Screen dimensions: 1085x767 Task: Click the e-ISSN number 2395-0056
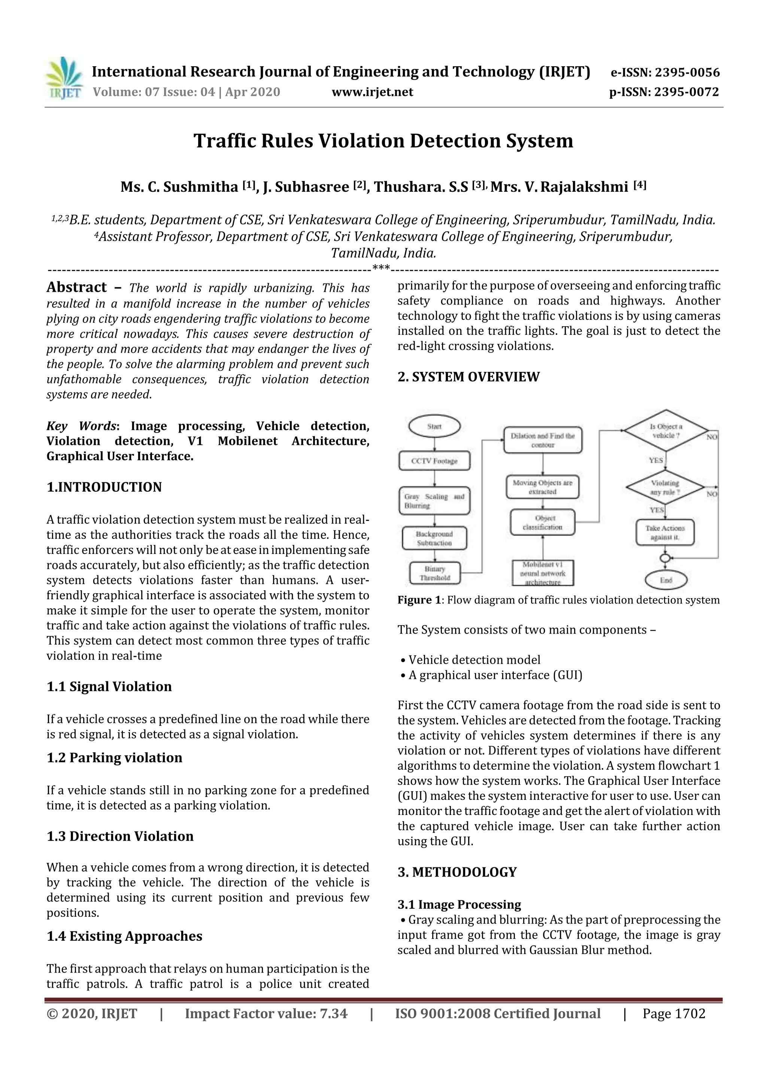click(686, 72)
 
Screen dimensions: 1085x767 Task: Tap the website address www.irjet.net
click(372, 92)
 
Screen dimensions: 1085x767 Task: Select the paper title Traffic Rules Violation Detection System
click(383, 141)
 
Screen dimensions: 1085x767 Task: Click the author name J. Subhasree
click(306, 187)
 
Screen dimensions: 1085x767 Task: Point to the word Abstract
click(76, 287)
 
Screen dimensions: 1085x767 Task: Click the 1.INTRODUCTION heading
click(104, 487)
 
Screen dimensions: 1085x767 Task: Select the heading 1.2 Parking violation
click(114, 758)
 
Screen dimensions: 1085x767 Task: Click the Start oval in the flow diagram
click(434, 426)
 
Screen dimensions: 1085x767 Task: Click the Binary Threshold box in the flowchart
click(434, 573)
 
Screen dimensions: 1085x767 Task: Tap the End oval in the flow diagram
click(666, 580)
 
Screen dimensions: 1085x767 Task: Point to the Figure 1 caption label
click(418, 600)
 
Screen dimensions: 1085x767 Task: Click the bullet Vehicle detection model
click(474, 660)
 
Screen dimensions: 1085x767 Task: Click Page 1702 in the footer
click(673, 1013)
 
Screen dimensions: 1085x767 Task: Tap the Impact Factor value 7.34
click(266, 1013)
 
